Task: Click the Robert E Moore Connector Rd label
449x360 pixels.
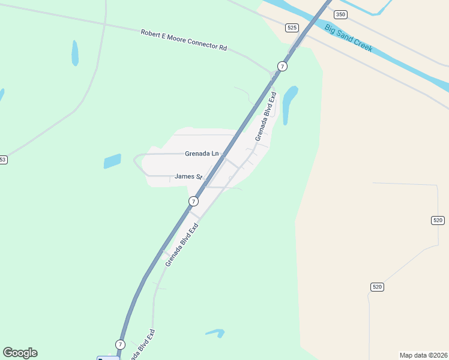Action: click(x=184, y=40)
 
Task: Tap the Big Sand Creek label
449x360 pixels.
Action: click(x=348, y=38)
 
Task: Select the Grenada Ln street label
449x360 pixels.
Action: click(x=202, y=154)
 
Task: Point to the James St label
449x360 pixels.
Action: click(x=188, y=176)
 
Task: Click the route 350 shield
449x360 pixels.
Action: click(x=341, y=14)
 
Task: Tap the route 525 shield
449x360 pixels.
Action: click(x=292, y=28)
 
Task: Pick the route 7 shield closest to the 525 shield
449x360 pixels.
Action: click(x=282, y=65)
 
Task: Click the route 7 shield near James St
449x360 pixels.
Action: click(x=193, y=202)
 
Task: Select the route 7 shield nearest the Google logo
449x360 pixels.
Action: click(x=120, y=344)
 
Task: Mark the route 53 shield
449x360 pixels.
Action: click(x=3, y=160)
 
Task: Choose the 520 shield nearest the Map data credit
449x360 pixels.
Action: click(x=377, y=287)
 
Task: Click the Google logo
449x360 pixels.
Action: click(x=20, y=353)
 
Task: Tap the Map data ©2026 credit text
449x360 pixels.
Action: click(x=424, y=355)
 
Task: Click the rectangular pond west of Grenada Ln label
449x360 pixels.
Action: click(x=112, y=161)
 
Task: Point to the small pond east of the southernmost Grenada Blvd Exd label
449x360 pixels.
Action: click(x=215, y=332)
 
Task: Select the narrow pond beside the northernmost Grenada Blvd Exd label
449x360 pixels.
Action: click(x=289, y=104)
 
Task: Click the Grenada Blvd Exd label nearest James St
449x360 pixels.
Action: click(x=182, y=245)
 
